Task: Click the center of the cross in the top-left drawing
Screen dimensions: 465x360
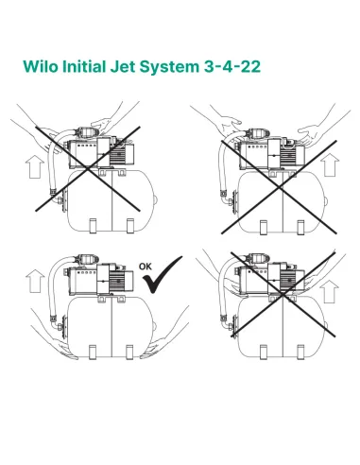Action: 89,166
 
